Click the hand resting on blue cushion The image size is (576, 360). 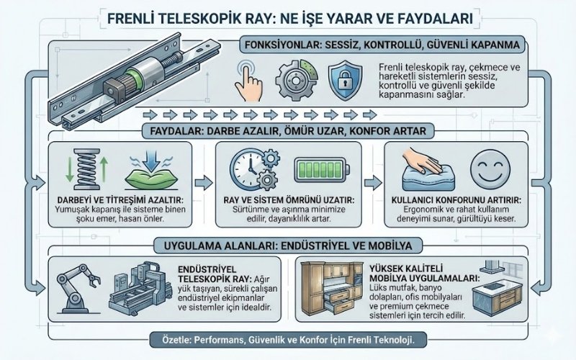pos(426,171)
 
